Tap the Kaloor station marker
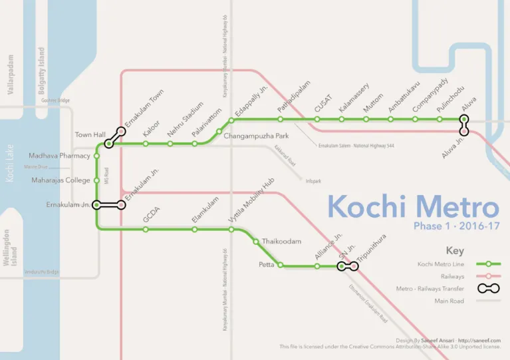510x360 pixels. click(x=146, y=143)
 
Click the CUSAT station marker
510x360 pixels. click(x=317, y=120)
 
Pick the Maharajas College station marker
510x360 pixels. click(x=97, y=180)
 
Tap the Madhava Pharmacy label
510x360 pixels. click(x=59, y=156)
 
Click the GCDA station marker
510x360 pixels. click(x=146, y=230)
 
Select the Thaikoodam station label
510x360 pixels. click(x=281, y=241)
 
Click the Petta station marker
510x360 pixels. click(x=280, y=266)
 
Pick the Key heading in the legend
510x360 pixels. click(x=455, y=251)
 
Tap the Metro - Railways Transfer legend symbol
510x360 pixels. click(x=488, y=288)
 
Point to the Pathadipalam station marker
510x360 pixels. click(x=281, y=120)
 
